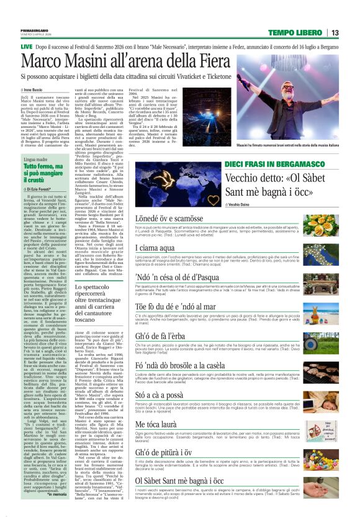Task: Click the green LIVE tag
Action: click(x=27, y=47)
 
